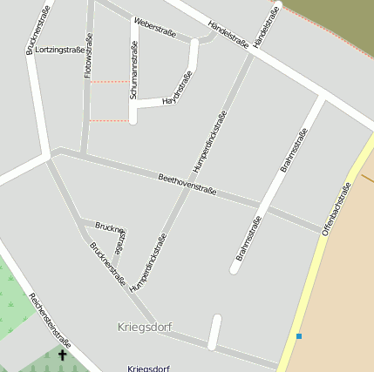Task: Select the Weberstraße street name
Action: click(x=156, y=27)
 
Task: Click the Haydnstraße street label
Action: click(x=177, y=89)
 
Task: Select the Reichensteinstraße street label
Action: click(x=50, y=320)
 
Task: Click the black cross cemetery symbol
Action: click(x=62, y=355)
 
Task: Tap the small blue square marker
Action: click(x=299, y=335)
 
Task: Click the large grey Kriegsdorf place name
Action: click(x=144, y=327)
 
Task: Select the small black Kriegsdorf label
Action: click(x=148, y=368)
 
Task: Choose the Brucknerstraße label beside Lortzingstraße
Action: click(x=37, y=30)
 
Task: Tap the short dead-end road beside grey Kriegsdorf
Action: click(x=214, y=331)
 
